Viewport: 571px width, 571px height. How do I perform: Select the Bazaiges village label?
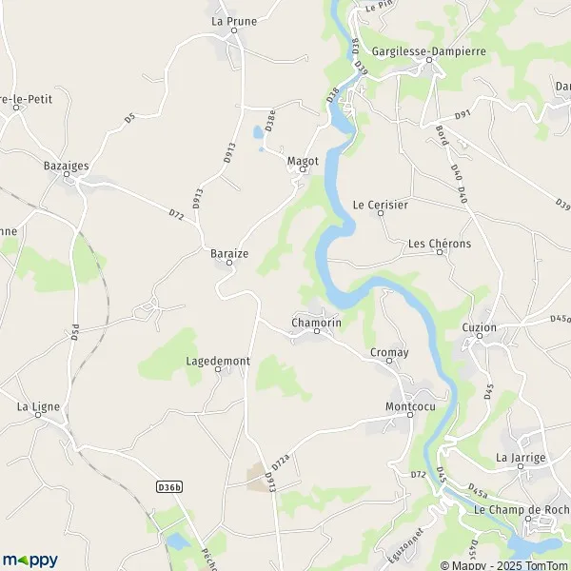67,166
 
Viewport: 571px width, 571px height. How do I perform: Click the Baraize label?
229,254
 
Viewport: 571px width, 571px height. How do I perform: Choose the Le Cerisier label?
381,204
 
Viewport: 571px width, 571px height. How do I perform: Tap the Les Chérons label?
440,244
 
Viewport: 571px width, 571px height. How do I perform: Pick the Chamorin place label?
317,324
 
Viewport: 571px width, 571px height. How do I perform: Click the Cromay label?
389,352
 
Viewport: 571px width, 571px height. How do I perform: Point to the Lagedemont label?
218,362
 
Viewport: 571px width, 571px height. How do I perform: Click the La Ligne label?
39,406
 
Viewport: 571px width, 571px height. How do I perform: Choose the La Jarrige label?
521,457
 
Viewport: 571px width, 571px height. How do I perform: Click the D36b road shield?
168,486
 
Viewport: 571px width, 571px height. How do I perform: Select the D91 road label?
463,115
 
